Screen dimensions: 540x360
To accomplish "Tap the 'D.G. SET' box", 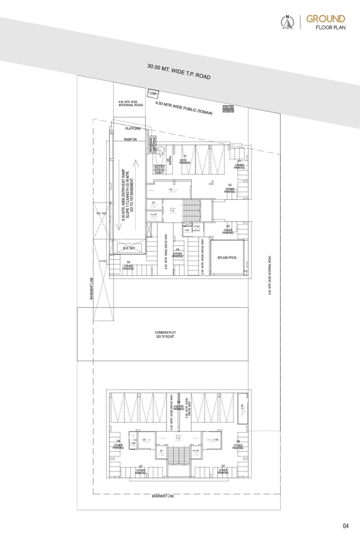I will coord(129,248).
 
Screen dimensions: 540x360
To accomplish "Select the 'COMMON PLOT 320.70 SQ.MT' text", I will coord(165,334).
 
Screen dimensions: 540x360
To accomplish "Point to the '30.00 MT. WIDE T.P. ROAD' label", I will coord(179,71).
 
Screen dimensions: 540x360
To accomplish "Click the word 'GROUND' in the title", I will coord(326,18).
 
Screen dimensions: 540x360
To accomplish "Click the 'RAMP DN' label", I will coord(130,139).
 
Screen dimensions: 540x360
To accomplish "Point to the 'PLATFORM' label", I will coord(133,129).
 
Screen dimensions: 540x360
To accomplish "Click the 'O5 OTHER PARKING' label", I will coord(129,265).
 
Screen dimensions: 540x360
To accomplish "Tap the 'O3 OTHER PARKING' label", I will coord(228,229).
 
